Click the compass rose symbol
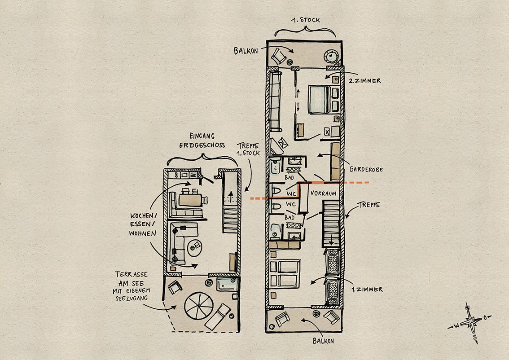point(470,322)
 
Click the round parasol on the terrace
point(197,305)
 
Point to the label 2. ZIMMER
point(364,81)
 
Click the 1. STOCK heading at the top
point(305,20)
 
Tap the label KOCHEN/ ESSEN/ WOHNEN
point(142,224)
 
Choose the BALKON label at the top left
point(246,51)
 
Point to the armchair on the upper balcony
point(278,55)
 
